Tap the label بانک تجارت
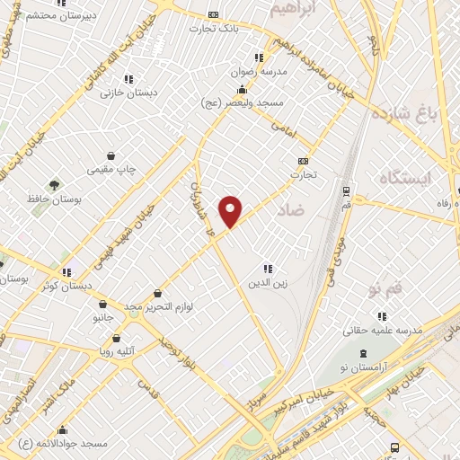(x=213, y=28)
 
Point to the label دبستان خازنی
(x=128, y=92)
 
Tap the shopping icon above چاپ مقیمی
(x=111, y=155)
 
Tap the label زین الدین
(x=267, y=283)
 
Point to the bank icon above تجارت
(x=303, y=161)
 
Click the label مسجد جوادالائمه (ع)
(x=66, y=444)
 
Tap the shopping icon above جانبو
(x=103, y=304)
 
